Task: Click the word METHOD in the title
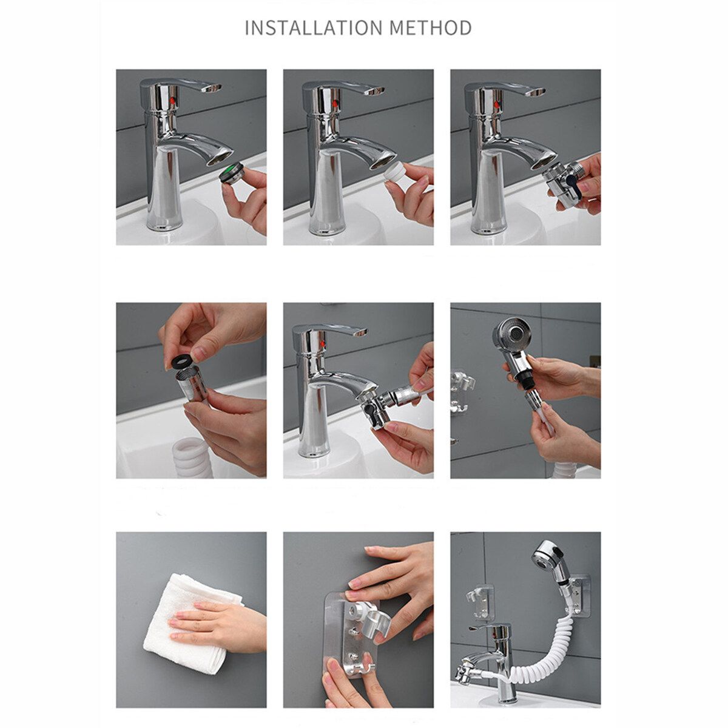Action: [x=431, y=27]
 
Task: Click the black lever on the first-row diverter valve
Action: [x=571, y=184]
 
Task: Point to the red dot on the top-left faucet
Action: [x=174, y=101]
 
